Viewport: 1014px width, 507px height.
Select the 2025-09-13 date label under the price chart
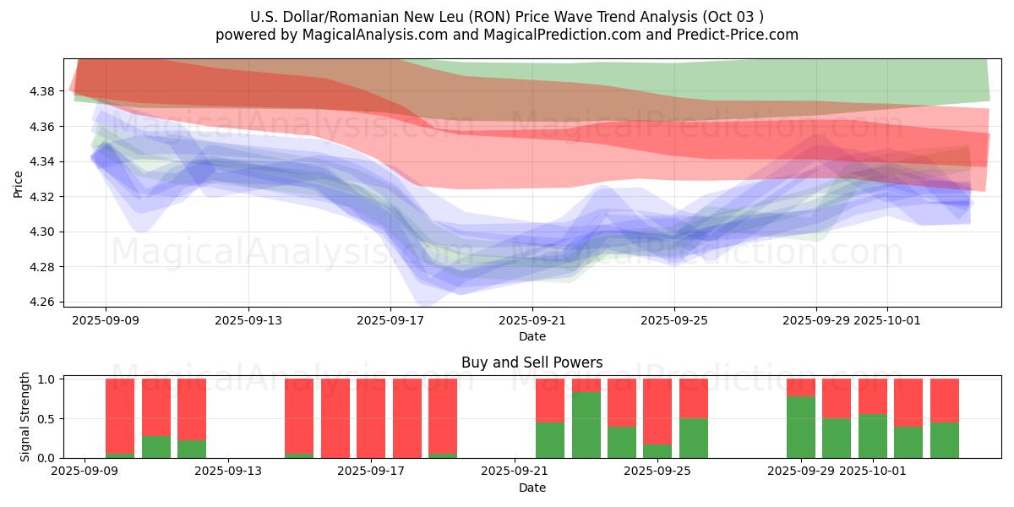pos(248,320)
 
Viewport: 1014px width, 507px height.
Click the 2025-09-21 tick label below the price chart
pos(532,320)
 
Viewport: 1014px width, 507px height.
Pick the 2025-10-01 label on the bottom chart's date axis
pos(871,472)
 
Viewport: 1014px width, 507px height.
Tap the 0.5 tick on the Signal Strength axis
pos(47,419)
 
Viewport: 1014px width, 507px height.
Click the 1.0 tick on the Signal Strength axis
pos(47,379)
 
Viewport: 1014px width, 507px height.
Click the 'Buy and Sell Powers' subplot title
pos(532,363)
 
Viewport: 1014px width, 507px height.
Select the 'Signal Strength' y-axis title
pos(25,417)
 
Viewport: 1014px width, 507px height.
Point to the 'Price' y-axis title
pos(19,184)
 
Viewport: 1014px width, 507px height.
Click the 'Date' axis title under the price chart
pos(532,336)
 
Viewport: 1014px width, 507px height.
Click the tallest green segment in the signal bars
pos(586,425)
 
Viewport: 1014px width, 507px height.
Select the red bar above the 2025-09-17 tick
pos(371,418)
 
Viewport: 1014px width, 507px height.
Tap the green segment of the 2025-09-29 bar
pos(800,428)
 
